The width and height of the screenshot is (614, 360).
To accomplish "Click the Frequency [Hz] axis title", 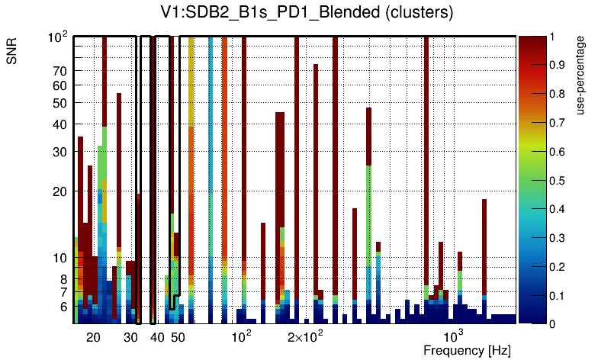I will click(467, 350).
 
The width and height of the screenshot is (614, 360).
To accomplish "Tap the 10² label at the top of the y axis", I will click(59, 37).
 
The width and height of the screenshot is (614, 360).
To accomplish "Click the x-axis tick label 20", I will click(93, 337).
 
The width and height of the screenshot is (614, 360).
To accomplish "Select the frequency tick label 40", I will click(157, 337).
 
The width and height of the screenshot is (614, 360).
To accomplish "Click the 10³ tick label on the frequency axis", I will click(453, 336).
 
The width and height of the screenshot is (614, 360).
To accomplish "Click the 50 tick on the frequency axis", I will click(178, 337).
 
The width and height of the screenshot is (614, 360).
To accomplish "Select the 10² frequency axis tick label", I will click(241, 336).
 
